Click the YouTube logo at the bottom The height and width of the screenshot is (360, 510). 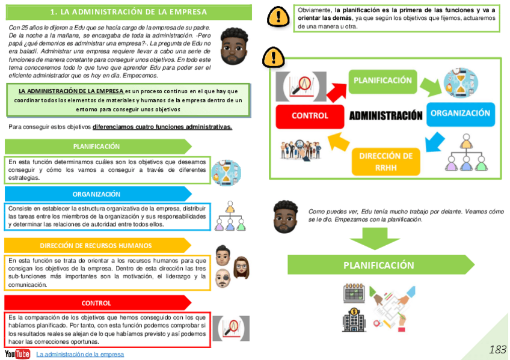(17, 354)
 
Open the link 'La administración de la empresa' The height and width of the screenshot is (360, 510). (80, 354)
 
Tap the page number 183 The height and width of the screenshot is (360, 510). (497, 349)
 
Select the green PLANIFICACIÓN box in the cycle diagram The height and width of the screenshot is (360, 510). (382, 81)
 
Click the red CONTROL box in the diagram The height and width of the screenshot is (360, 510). (310, 116)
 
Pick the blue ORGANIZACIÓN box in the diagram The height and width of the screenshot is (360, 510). (460, 113)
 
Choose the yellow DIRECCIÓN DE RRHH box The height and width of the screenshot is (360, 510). (385, 161)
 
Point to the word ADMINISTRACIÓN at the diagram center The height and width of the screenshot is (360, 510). (386, 116)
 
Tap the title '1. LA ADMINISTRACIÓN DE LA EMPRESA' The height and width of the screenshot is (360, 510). (129, 12)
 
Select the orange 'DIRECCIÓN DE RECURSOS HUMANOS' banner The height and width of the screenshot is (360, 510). (96, 245)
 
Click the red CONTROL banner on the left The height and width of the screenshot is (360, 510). (96, 303)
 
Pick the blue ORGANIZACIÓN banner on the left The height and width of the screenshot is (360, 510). (96, 194)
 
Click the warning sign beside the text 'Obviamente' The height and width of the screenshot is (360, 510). (277, 17)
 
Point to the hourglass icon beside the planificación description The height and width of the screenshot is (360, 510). (227, 172)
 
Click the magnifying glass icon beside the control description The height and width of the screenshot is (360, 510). (231, 328)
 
